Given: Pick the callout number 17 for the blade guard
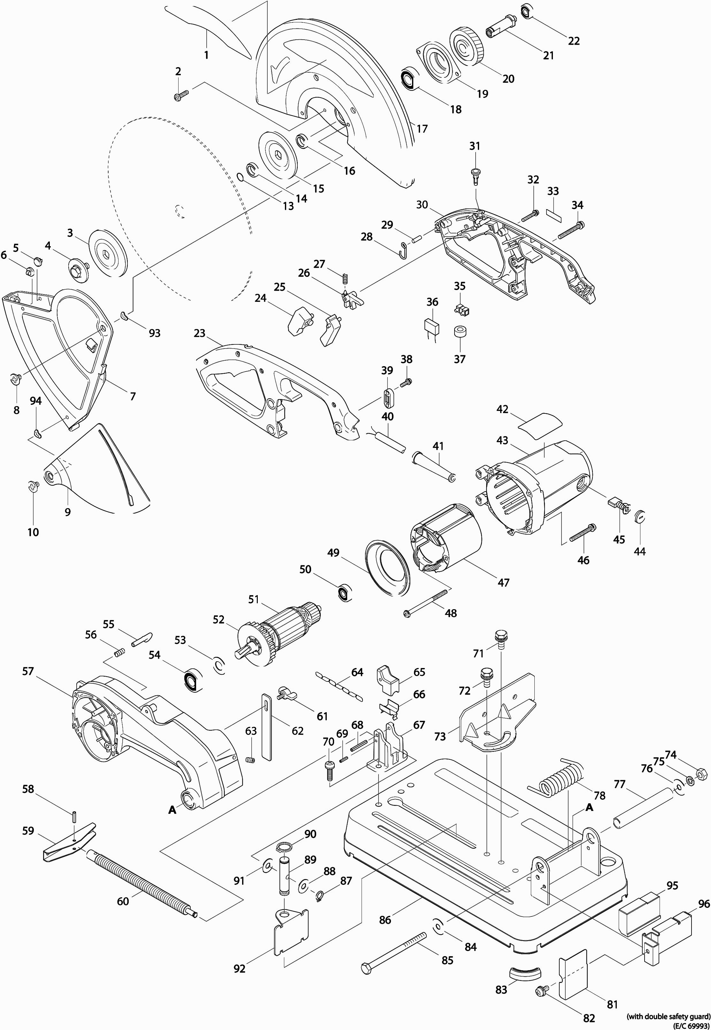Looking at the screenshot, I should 422,129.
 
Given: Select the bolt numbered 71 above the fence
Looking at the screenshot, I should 501,639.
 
